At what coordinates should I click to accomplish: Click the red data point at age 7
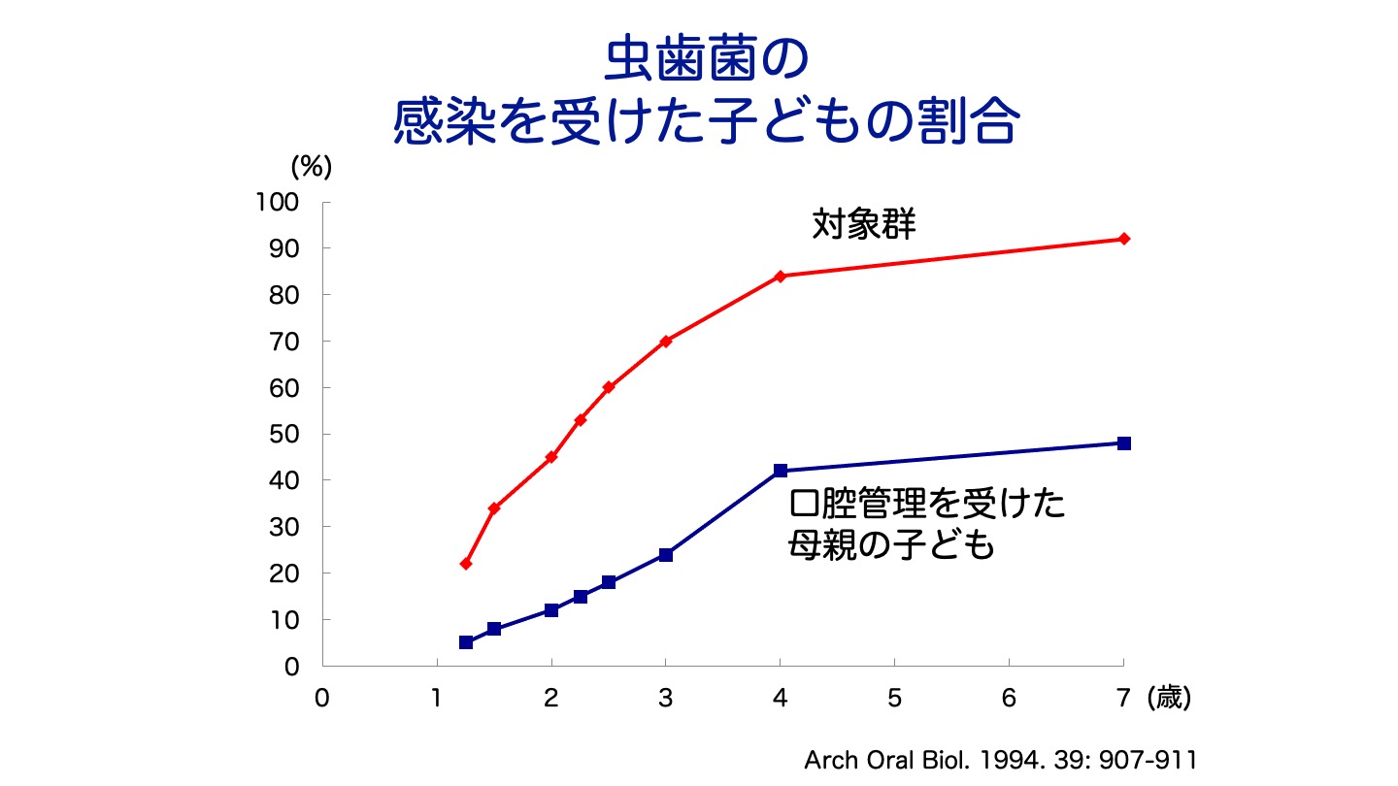pyautogui.click(x=1124, y=239)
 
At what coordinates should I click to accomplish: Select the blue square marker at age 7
pyautogui.click(x=1124, y=443)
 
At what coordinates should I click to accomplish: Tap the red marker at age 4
pyautogui.click(x=781, y=276)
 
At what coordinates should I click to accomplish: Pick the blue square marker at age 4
pyautogui.click(x=781, y=471)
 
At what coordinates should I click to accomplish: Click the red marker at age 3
pyautogui.click(x=666, y=341)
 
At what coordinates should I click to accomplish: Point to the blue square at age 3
pyautogui.click(x=666, y=555)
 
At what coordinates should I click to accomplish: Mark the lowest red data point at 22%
pyautogui.click(x=466, y=564)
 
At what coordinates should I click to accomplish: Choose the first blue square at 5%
pyautogui.click(x=466, y=642)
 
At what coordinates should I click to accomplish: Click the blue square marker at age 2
pyautogui.click(x=551, y=610)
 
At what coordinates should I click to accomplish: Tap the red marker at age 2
pyautogui.click(x=551, y=457)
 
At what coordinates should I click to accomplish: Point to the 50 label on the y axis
pyautogui.click(x=287, y=434)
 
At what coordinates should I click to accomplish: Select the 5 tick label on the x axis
pyautogui.click(x=894, y=699)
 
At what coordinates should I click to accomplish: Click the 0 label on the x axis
pyautogui.click(x=322, y=699)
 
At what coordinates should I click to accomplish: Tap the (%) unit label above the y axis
pyautogui.click(x=312, y=166)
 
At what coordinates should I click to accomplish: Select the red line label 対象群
pyautogui.click(x=865, y=225)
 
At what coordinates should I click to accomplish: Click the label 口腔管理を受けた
pyautogui.click(x=927, y=504)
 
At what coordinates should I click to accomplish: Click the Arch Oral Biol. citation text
pyautogui.click(x=999, y=760)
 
